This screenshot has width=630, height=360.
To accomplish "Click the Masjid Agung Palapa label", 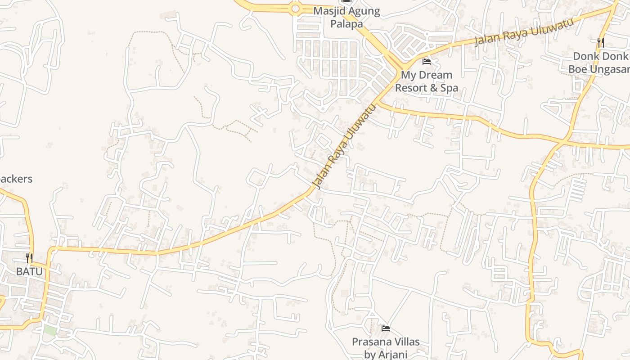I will click(x=346, y=17).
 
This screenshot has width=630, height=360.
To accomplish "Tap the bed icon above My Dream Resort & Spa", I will click(x=427, y=62).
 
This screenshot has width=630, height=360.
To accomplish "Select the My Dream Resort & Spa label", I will click(x=427, y=81).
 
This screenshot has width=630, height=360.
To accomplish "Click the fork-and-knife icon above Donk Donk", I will click(x=600, y=43).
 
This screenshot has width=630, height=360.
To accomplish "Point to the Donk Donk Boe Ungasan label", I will click(x=598, y=63).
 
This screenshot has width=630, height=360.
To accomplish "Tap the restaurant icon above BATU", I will click(x=29, y=258).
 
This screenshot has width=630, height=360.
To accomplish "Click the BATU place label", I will click(x=29, y=271).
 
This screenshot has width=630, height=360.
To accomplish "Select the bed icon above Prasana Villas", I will click(x=385, y=328).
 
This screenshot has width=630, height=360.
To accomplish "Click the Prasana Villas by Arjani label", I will click(x=385, y=347).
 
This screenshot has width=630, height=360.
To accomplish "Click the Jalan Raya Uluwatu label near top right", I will click(x=525, y=32).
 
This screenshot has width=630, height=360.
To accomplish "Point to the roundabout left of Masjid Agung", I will click(x=295, y=8).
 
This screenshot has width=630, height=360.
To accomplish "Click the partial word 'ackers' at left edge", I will click(x=16, y=179).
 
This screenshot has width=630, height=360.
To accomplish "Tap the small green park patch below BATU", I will click(x=50, y=331).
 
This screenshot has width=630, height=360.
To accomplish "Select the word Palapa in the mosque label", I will click(x=346, y=23).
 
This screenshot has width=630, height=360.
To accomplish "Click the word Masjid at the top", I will click(x=328, y=11).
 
